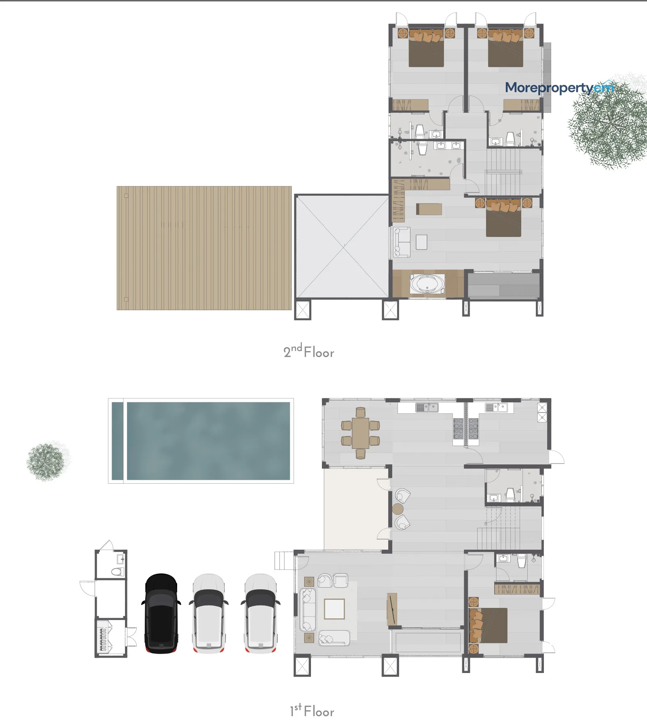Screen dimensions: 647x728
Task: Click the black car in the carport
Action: click(161, 613)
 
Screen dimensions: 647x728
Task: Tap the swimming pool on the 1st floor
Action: click(201, 441)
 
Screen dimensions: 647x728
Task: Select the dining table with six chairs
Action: click(360, 433)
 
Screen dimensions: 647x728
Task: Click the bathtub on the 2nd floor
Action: click(427, 284)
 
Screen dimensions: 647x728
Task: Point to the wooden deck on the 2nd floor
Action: click(204, 248)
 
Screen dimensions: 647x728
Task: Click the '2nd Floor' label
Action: click(309, 351)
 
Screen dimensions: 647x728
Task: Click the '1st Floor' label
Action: click(312, 711)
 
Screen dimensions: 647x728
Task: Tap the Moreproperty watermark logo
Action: click(560, 87)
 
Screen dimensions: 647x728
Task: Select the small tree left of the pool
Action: click(48, 461)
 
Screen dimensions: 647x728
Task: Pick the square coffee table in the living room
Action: click(334, 609)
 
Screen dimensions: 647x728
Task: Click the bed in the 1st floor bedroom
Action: click(488, 625)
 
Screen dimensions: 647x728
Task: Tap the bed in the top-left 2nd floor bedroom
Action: click(426, 47)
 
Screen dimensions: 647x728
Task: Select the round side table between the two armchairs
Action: click(398, 509)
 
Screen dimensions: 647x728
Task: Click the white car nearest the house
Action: click(260, 613)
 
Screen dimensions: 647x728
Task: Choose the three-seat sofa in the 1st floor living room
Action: click(308, 609)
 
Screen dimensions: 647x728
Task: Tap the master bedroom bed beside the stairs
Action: click(503, 218)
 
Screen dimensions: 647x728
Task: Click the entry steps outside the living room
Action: click(284, 561)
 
